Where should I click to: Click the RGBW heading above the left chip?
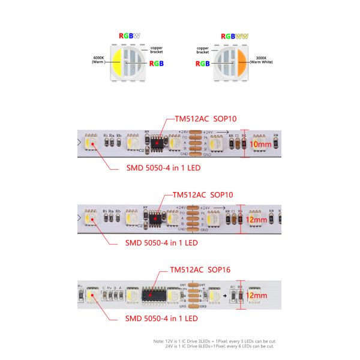130,36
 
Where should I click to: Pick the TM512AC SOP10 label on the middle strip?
203,195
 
